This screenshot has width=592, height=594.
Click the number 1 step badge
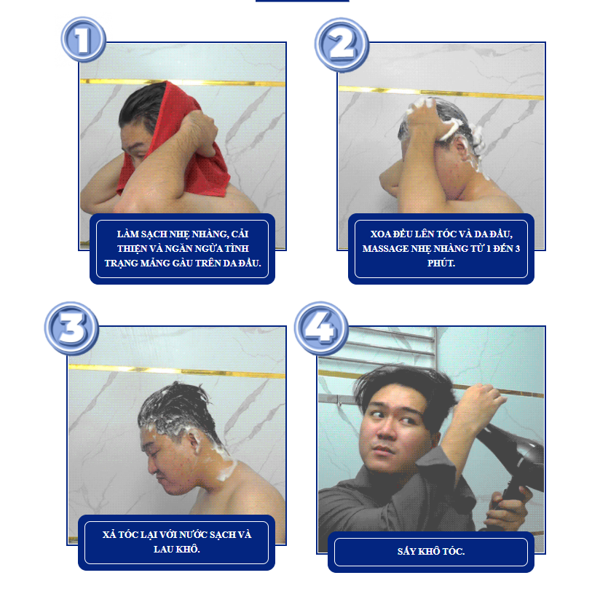coord(83,39)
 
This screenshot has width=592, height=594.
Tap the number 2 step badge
coord(342,44)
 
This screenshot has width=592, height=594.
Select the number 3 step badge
coord(71,328)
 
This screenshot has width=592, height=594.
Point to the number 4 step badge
coord(321,328)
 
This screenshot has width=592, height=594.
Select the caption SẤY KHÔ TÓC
coord(431,551)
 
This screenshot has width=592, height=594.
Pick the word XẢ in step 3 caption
coord(109,534)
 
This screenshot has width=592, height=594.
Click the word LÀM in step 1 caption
coord(127,234)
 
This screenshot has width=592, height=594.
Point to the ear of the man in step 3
coord(194,441)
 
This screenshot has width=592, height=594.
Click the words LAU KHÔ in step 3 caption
coord(176,549)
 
